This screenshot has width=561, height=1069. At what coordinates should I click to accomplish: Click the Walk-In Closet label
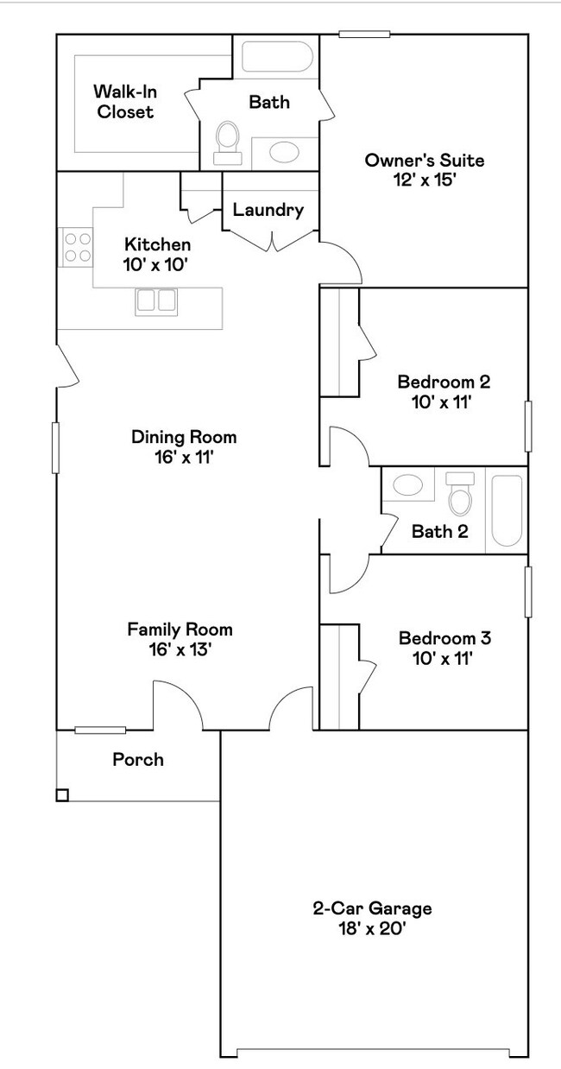coord(124,101)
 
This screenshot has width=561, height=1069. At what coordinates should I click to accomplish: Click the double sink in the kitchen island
coord(155,300)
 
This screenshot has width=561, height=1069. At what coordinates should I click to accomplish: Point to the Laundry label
coord(268,210)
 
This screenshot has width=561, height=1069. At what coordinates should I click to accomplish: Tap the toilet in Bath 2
coord(460,496)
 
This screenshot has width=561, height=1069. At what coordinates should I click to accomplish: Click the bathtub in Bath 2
coord(507,509)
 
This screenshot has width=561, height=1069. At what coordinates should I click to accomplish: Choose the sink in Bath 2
coord(402,484)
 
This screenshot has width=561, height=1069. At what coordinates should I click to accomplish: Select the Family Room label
coord(180,629)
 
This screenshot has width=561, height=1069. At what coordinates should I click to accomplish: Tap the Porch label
coord(138,760)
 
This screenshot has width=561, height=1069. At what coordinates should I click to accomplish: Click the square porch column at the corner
coord(62,795)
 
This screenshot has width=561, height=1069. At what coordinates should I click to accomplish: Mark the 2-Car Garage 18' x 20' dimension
coord(372,929)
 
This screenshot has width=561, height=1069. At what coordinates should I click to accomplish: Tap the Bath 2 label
coord(439,531)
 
